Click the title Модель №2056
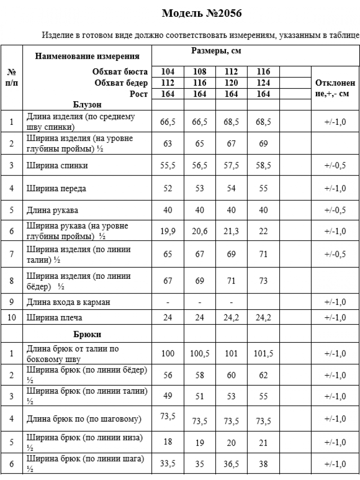tap(202, 14)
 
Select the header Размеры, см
tap(216, 51)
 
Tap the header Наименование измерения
tap(87, 56)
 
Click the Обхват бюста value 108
tap(200, 72)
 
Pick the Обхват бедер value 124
tap(263, 83)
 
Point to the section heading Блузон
tap(87, 105)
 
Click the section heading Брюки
tap(87, 334)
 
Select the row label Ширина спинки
tap(57, 165)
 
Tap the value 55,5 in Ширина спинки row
tap(168, 165)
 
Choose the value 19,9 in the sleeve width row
tap(168, 231)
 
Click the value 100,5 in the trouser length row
tap(200, 354)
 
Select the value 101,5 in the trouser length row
tap(263, 354)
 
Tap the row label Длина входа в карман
tap(68, 302)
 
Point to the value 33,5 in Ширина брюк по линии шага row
tap(168, 464)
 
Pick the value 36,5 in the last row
tap(231, 464)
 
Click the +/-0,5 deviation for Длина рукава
tap(335, 210)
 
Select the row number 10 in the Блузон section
tap(12, 318)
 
